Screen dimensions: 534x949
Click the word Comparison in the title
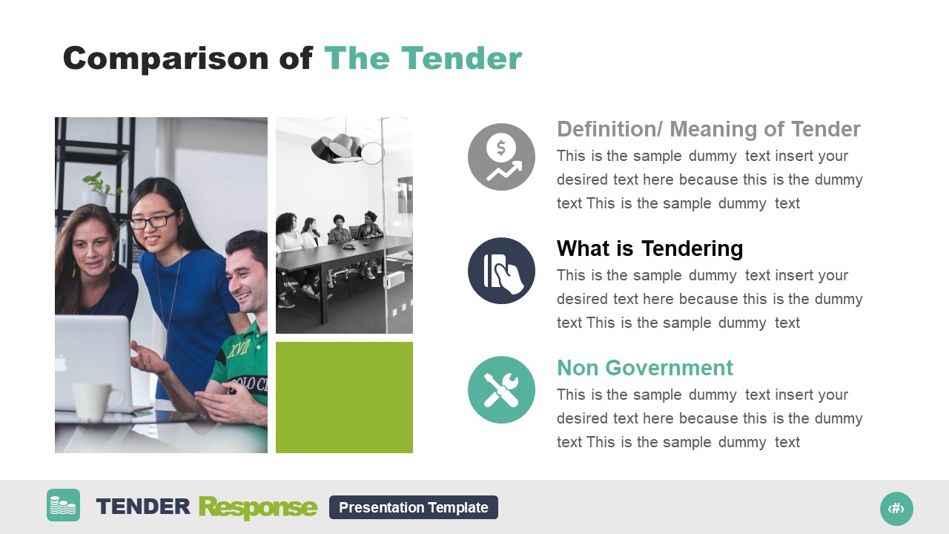[x=167, y=59]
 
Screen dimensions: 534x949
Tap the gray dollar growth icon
[x=501, y=156]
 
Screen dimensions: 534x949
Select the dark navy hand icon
[x=501, y=271]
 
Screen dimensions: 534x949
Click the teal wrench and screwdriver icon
[x=501, y=390]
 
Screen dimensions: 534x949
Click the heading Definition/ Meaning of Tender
[x=708, y=129]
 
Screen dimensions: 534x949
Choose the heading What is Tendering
[x=649, y=248]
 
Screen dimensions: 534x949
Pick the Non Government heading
[x=644, y=368]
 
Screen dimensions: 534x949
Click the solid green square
[x=344, y=397]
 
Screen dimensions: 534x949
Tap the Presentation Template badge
[x=413, y=507]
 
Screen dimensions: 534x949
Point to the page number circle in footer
[x=896, y=508]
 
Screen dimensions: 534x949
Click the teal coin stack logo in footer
[x=63, y=505]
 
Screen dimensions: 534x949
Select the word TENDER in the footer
[x=143, y=507]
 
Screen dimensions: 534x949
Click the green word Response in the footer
[x=258, y=508]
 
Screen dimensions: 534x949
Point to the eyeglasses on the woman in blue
[x=153, y=220]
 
